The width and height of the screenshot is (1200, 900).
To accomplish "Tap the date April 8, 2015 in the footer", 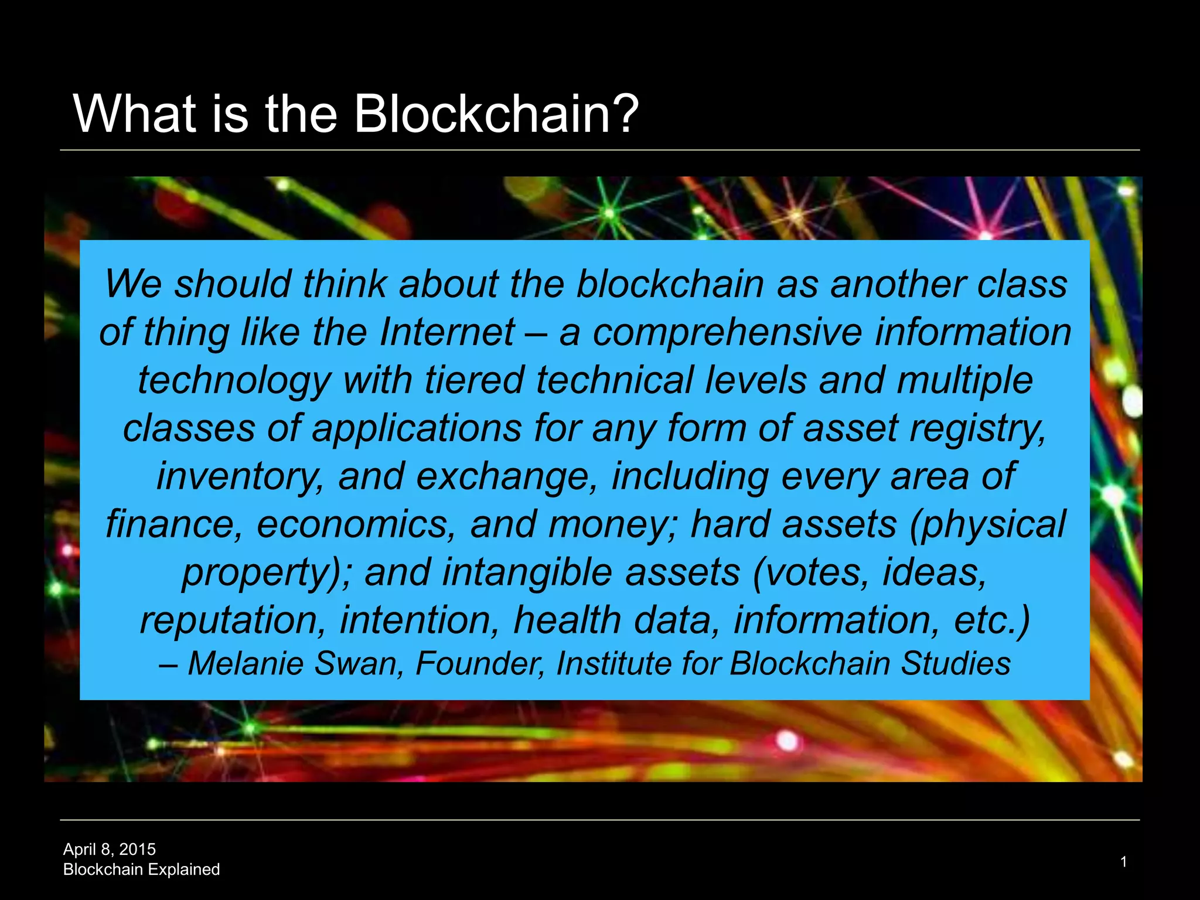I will tap(110, 849).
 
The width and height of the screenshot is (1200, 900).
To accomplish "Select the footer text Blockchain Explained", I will tap(141, 869).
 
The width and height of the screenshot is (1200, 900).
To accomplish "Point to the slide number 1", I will tap(1123, 861).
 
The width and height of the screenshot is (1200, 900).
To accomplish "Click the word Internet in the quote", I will tap(447, 332).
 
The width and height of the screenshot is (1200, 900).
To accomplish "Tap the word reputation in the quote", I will tap(232, 621).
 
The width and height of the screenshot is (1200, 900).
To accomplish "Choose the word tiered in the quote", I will tap(474, 380).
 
